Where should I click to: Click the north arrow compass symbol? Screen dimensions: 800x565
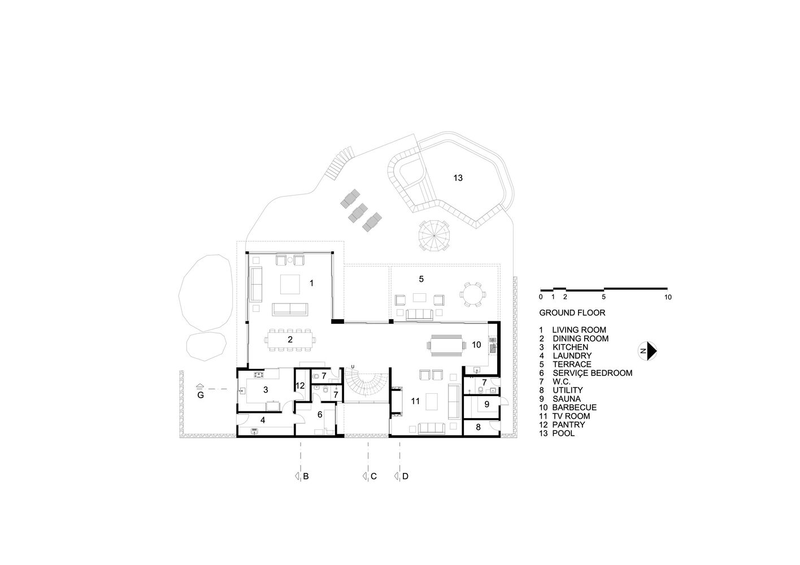point(647,351)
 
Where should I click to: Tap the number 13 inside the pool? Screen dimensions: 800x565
point(458,178)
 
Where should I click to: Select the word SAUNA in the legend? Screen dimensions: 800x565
point(567,399)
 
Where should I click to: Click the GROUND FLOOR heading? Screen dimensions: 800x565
point(572,313)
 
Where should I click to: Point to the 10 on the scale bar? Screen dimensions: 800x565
point(668,297)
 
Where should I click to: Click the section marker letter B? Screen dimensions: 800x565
point(306,476)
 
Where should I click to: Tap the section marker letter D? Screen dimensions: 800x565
point(405,476)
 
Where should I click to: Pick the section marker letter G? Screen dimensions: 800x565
point(201,395)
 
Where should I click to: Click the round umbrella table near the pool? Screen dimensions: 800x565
point(434,236)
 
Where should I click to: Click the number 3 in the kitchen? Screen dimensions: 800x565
point(266,390)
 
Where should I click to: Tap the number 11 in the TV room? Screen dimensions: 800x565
point(415,401)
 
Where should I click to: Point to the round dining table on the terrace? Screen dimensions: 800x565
point(472,294)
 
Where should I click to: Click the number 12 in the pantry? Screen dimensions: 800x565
point(300,386)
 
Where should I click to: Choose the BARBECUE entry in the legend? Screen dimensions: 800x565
point(574,407)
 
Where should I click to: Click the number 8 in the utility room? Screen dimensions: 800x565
point(478,427)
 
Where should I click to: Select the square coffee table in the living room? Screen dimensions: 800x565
point(290,284)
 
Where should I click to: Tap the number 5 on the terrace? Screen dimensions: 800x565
point(421,279)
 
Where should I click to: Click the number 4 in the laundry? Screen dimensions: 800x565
point(263,420)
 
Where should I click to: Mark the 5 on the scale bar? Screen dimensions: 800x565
point(603,297)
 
